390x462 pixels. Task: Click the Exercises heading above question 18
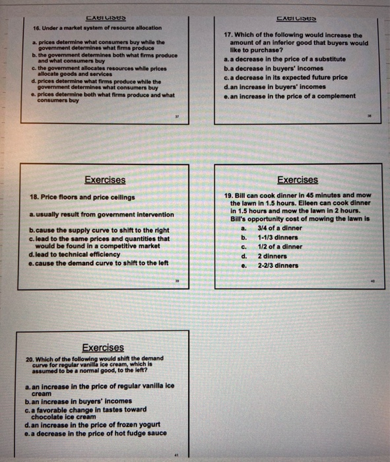coord(105,180)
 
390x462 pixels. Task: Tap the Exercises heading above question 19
coord(298,180)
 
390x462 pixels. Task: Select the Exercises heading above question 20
coord(102,347)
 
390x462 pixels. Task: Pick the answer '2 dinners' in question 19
coord(271,256)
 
